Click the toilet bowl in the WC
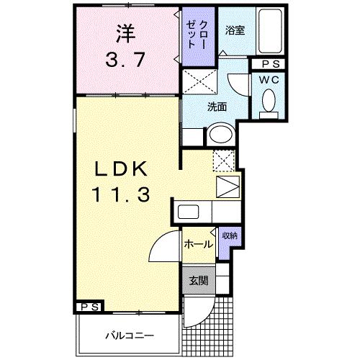click(x=270, y=102)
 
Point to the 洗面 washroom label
click(x=217, y=107)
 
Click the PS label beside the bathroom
click(x=269, y=64)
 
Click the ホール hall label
click(x=197, y=244)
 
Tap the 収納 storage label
click(x=228, y=235)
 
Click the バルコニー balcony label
click(x=129, y=334)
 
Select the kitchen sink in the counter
click(x=189, y=213)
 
